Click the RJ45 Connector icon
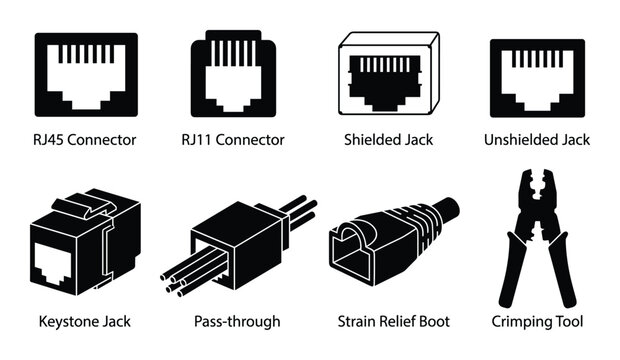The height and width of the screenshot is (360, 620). (85, 76)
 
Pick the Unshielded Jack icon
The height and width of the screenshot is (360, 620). (537, 78)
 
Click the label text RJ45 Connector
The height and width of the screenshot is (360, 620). (85, 140)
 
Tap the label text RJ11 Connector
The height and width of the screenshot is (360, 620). (238, 140)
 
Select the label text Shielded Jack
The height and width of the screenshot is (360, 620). (388, 140)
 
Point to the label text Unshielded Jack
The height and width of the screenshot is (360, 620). (537, 140)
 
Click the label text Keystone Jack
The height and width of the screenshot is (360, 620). (85, 321)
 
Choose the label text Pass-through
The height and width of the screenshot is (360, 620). (237, 321)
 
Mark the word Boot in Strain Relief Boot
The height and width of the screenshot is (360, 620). (433, 321)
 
